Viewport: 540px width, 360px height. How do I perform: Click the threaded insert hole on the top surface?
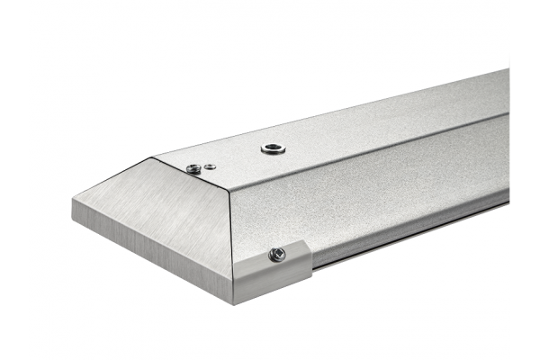pyautogui.click(x=273, y=148)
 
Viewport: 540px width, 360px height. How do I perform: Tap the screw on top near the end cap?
pyautogui.click(x=193, y=168)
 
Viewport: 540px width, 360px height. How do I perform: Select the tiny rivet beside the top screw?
pyautogui.click(x=210, y=166)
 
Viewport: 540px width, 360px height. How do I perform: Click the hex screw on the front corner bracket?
pyautogui.click(x=278, y=256)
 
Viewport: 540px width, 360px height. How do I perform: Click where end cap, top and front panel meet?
pyautogui.click(x=229, y=193)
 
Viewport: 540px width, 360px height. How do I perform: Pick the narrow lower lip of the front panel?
pyautogui.click(x=405, y=229)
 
